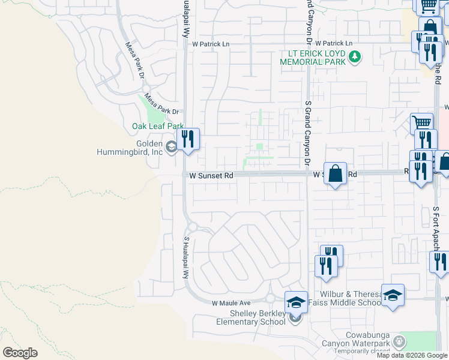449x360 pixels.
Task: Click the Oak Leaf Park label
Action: click(157, 127)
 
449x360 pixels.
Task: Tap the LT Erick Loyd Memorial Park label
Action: click(313, 58)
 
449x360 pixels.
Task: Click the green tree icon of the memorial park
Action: click(355, 57)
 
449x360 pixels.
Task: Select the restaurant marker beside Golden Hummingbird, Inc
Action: click(188, 140)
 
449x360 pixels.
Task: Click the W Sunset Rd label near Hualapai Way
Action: click(211, 176)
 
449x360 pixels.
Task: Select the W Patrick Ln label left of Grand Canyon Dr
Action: click(211, 44)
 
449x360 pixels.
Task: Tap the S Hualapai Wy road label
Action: click(186, 257)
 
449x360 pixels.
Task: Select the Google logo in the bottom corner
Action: click(20, 353)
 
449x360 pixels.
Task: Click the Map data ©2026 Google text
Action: click(412, 355)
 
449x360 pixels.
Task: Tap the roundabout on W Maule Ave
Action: click(270, 298)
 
